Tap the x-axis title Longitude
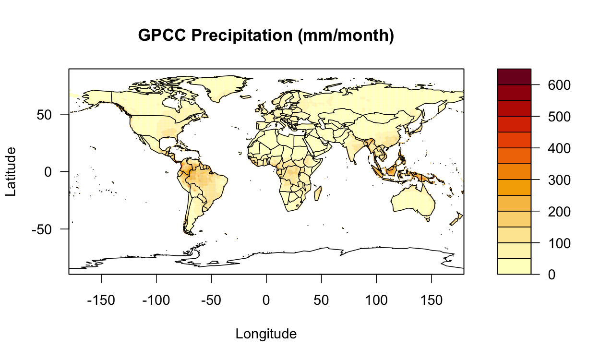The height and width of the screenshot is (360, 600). tap(266, 334)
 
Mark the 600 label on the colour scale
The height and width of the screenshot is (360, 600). tap(548, 85)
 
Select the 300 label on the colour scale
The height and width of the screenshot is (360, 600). tap(548, 180)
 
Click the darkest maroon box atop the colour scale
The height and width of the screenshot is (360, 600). tap(514, 77)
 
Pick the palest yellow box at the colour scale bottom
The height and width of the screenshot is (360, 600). tap(514, 266)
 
